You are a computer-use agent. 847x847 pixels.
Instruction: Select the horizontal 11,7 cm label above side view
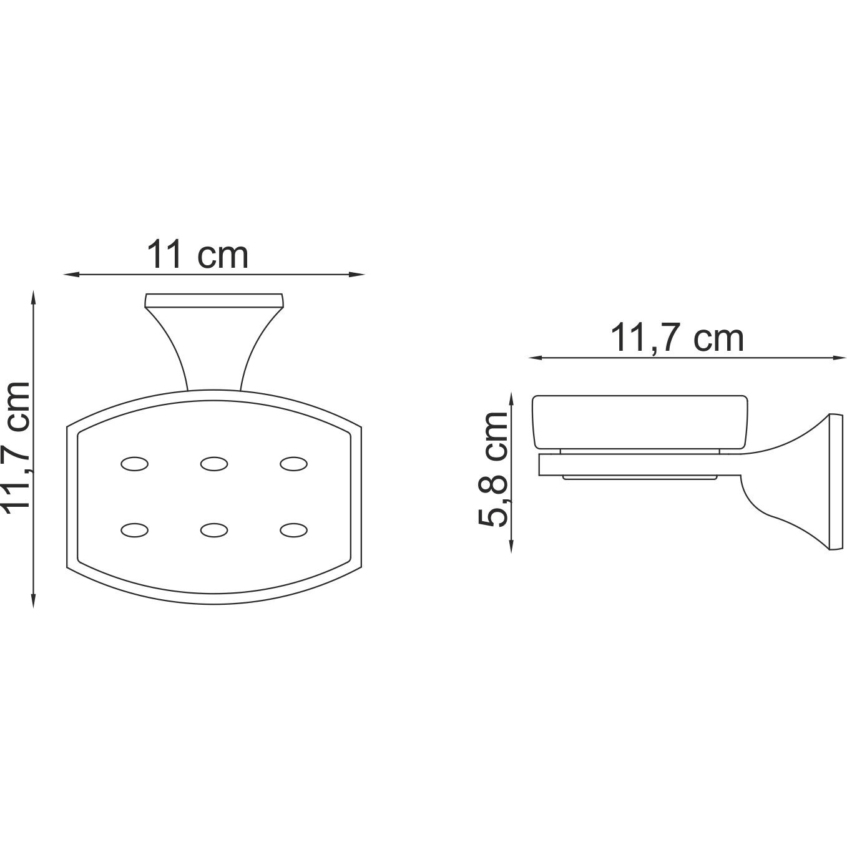tap(677, 338)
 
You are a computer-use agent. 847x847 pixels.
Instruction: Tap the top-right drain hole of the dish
tap(294, 464)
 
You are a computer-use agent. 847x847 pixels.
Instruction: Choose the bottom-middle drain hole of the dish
tap(213, 530)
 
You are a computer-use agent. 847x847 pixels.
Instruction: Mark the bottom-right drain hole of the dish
tap(294, 530)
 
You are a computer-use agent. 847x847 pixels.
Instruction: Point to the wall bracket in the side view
tap(805, 481)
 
